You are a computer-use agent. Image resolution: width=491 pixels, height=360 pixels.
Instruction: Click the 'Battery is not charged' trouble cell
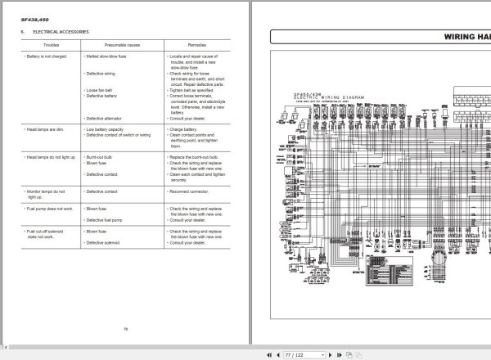click(x=46, y=57)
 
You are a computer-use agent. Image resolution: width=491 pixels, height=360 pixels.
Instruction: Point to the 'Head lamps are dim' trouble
click(x=44, y=128)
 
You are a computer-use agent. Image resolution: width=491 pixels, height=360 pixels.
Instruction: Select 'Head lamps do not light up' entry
click(x=50, y=155)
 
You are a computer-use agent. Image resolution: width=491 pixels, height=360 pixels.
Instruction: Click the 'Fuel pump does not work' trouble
click(x=48, y=209)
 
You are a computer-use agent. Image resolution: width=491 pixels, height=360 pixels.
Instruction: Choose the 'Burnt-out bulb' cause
click(x=101, y=155)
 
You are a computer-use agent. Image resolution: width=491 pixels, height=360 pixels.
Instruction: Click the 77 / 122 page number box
click(x=295, y=354)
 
